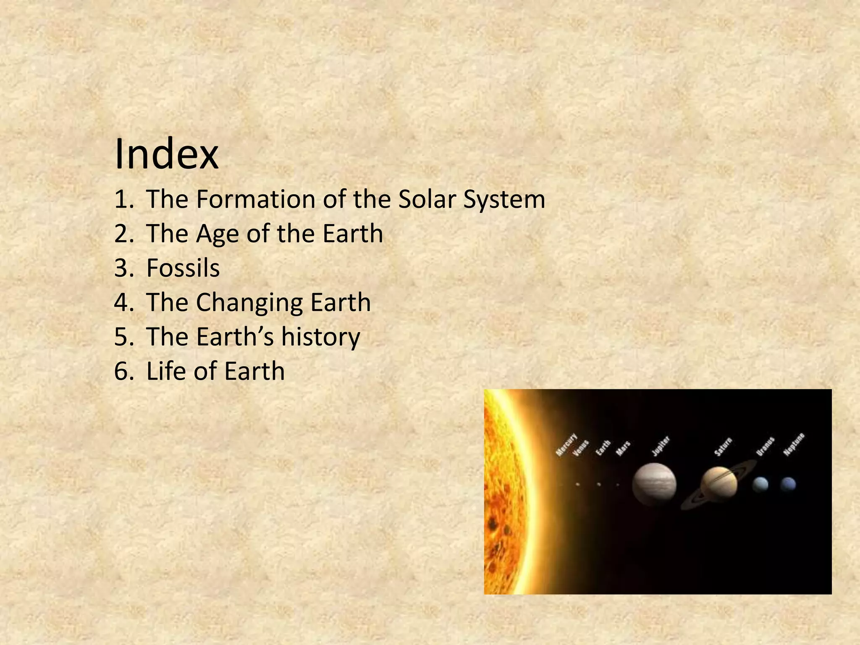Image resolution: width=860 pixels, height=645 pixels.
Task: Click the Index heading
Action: coord(166,154)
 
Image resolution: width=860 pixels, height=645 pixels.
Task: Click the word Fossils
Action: coord(183,268)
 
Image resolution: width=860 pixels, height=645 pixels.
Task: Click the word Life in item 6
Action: coord(165,371)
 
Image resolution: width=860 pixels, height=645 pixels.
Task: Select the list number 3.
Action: coord(123,268)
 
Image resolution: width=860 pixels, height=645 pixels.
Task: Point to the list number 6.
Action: coord(123,371)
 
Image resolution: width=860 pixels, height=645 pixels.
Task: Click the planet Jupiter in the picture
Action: coord(654,484)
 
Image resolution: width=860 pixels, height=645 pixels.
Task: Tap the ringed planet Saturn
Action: coord(719,483)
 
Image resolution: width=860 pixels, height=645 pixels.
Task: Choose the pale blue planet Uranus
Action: coord(760,485)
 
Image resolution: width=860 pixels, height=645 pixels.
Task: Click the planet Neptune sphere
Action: coord(788,484)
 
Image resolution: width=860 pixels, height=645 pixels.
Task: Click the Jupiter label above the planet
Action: coord(661,446)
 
